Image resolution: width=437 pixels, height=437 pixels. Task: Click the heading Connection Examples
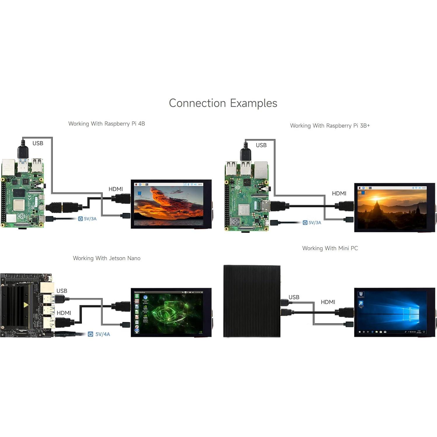[223, 103]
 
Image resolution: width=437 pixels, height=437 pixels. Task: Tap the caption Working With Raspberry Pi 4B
[107, 124]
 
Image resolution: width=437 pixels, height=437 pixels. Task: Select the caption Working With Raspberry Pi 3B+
[330, 126]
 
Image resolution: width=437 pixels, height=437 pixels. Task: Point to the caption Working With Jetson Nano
[107, 258]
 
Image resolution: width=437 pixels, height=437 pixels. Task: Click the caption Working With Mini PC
[330, 248]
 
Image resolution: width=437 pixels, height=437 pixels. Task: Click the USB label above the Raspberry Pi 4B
[38, 143]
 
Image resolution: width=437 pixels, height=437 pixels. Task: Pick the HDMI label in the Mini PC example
[328, 302]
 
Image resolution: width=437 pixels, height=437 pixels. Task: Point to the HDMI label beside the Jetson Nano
[64, 313]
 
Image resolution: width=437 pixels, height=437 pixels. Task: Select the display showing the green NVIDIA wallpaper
[169, 312]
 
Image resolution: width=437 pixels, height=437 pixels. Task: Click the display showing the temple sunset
[393, 207]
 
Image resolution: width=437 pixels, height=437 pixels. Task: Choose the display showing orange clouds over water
[169, 204]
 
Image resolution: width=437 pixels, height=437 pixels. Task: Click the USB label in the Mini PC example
[294, 297]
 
